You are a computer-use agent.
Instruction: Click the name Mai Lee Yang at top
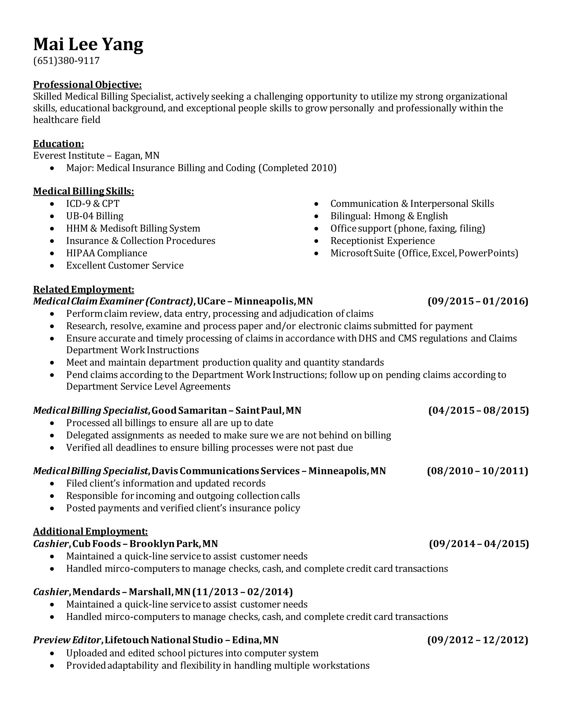tap(88, 44)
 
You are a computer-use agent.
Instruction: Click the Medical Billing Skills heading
tap(84, 191)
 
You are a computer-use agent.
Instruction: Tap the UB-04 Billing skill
tap(95, 216)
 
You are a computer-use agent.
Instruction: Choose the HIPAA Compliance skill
tap(106, 253)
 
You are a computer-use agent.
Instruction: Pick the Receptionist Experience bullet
tap(382, 241)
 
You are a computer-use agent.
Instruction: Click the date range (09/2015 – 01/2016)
tap(477, 301)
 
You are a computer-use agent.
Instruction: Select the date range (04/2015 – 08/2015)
tap(478, 411)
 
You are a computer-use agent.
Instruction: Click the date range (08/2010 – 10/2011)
tap(477, 471)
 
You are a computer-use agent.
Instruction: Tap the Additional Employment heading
tap(90, 532)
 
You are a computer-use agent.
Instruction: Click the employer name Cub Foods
tap(96, 544)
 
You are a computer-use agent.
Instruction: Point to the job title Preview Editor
tap(67, 640)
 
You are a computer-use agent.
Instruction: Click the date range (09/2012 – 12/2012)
tap(477, 640)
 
